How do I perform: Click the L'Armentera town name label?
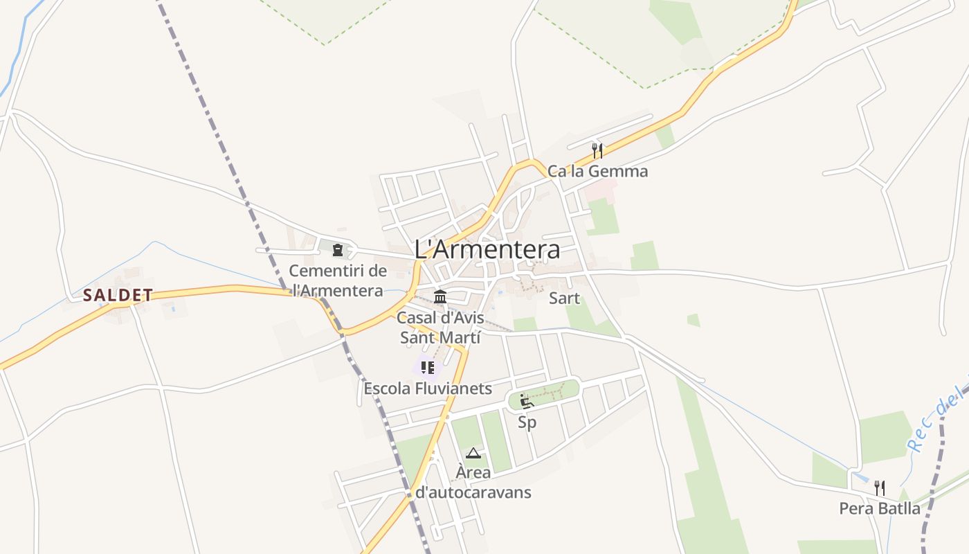click(x=487, y=249)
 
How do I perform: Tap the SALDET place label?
click(x=118, y=296)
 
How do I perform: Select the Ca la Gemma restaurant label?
click(x=598, y=171)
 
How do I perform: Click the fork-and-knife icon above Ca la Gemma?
click(x=597, y=150)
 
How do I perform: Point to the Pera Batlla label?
click(x=880, y=508)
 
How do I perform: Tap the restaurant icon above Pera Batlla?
click(x=879, y=488)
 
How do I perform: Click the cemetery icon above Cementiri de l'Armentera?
click(x=338, y=249)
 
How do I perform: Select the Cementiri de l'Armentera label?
click(x=337, y=280)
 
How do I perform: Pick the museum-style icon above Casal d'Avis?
click(x=440, y=297)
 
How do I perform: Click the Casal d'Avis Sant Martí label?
click(x=440, y=328)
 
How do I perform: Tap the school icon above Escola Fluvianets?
click(x=428, y=368)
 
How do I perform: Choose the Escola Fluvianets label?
click(x=428, y=388)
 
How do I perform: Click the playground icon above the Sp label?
click(x=527, y=401)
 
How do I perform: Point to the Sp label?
click(x=527, y=422)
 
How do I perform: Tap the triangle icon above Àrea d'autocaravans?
click(x=473, y=454)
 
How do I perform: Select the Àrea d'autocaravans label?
click(x=473, y=483)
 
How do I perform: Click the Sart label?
click(x=564, y=298)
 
